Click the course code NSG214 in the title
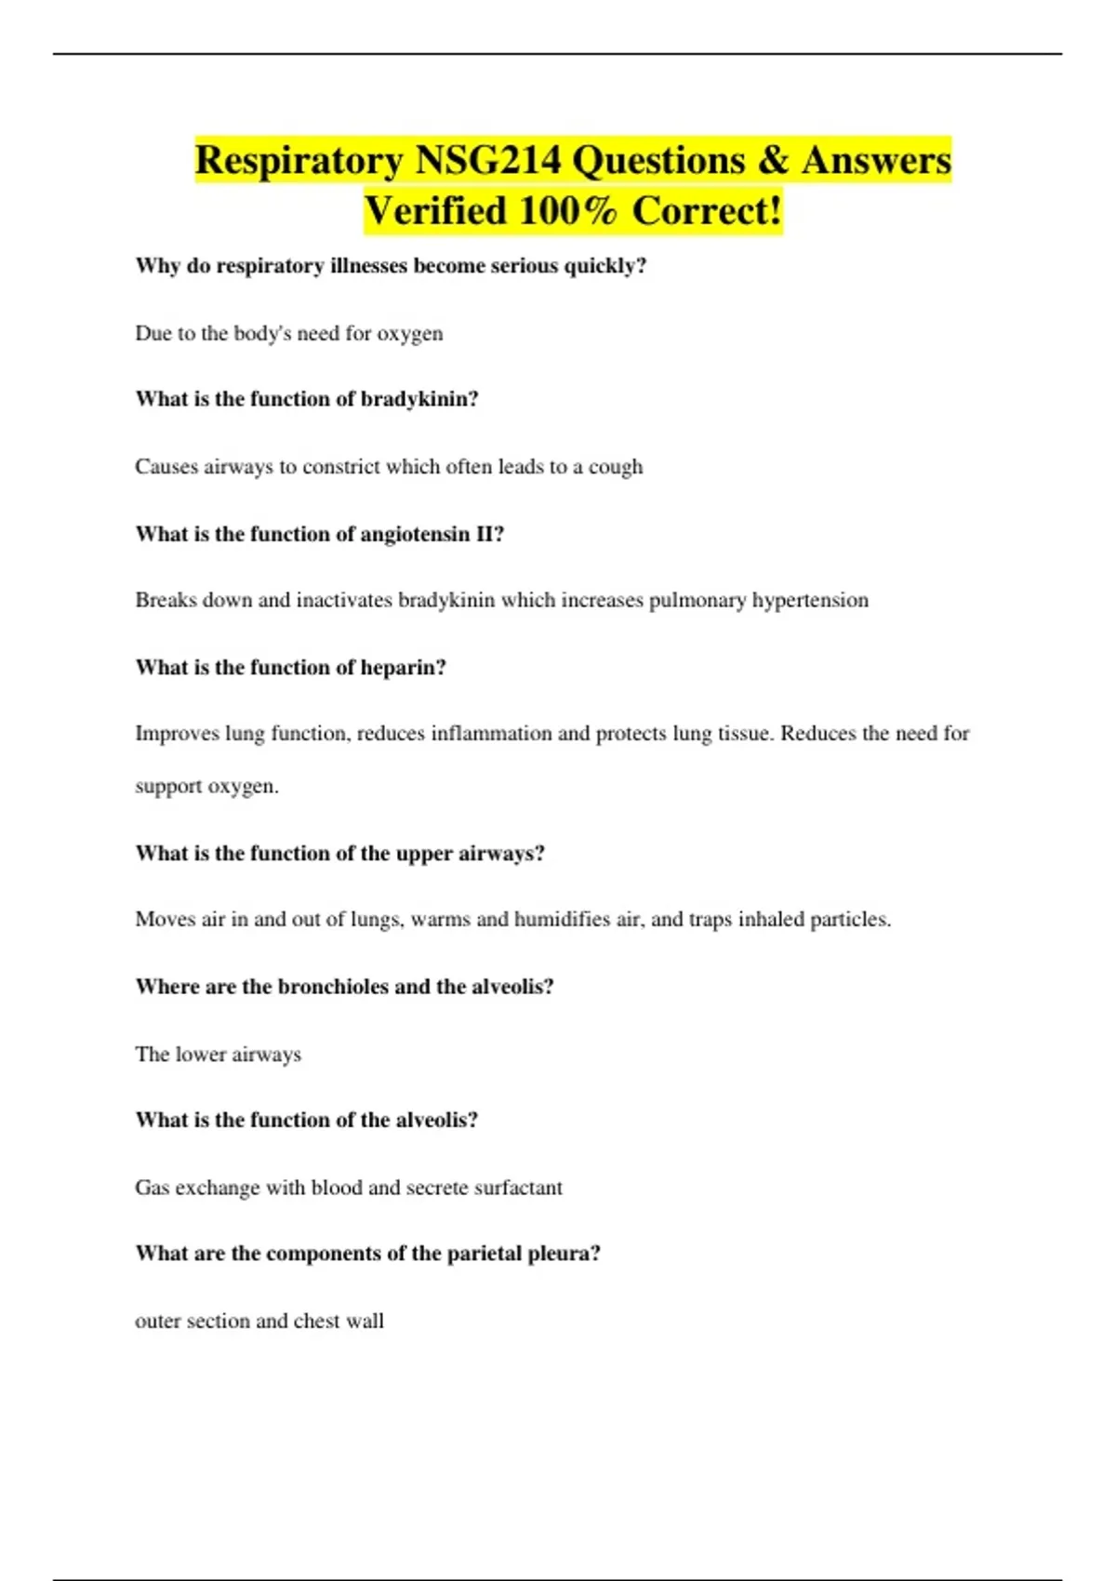pos(487,160)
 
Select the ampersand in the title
pos(773,160)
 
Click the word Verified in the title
pos(434,211)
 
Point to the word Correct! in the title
pos(707,211)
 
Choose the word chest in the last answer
pos(316,1322)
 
